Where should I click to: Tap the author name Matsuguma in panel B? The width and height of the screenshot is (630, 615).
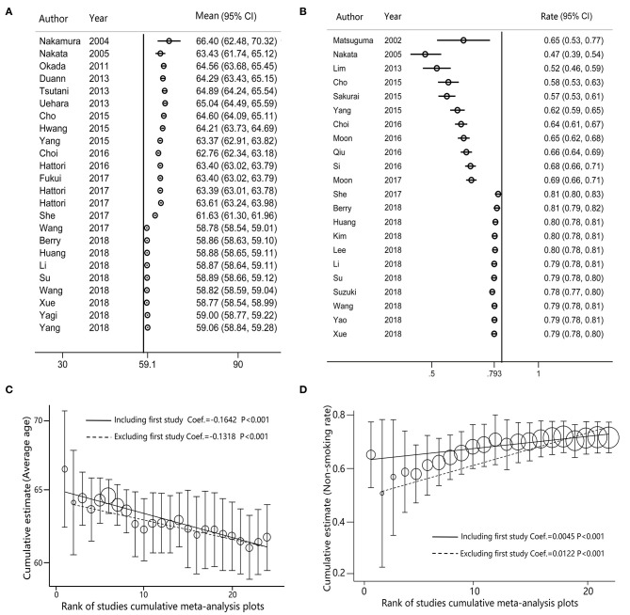(359, 41)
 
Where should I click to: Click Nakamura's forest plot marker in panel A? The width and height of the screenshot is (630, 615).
(169, 41)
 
